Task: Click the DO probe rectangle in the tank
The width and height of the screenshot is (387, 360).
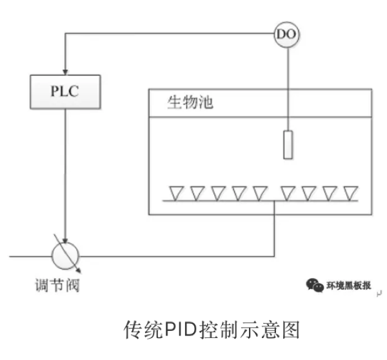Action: (288, 145)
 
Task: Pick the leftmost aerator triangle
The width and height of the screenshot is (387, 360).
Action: (176, 192)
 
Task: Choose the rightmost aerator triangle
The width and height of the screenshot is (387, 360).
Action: (350, 192)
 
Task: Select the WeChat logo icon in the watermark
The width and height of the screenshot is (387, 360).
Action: (315, 285)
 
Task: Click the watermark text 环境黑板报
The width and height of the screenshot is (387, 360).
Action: (349, 285)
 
